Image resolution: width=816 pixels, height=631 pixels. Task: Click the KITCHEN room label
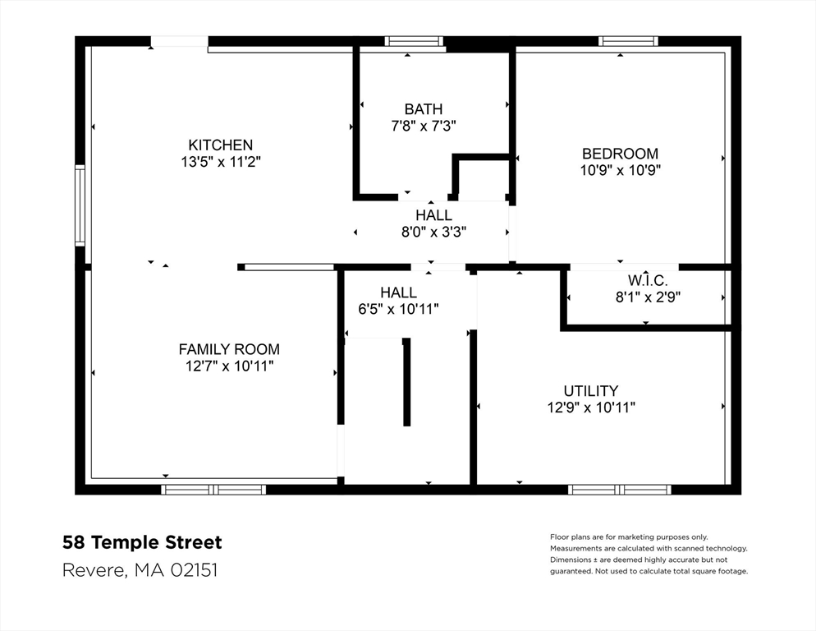(x=221, y=145)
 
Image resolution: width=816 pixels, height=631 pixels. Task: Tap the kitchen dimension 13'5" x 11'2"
(x=221, y=162)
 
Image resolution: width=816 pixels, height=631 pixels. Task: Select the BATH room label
(x=423, y=108)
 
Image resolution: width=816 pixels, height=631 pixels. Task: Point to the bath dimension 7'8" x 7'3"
(x=423, y=126)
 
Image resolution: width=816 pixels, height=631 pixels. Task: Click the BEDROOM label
(x=620, y=154)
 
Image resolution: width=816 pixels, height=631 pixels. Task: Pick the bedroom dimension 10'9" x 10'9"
(x=620, y=170)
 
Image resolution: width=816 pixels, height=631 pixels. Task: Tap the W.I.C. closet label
(x=648, y=281)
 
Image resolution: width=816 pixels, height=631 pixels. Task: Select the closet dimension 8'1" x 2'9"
(x=648, y=297)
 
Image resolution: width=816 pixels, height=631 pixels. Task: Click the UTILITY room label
(x=591, y=391)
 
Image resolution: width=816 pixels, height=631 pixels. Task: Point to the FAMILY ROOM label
(x=229, y=349)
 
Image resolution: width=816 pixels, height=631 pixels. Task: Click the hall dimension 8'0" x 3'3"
(x=433, y=232)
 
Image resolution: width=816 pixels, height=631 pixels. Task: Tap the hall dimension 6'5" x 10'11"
(x=398, y=309)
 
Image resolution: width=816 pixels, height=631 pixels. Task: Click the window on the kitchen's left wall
(x=80, y=205)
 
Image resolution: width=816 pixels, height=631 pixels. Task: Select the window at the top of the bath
(x=414, y=41)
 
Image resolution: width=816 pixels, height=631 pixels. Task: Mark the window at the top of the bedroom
(x=628, y=41)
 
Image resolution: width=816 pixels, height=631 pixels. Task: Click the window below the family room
(x=213, y=490)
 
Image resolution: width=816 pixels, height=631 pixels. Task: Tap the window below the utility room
(x=620, y=490)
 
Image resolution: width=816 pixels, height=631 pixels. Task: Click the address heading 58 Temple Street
(x=142, y=542)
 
